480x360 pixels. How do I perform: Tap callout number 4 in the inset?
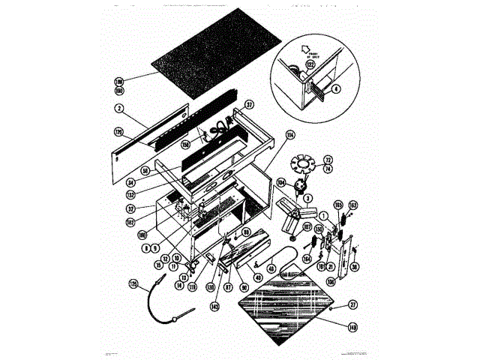336,88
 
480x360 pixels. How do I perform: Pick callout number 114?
268,135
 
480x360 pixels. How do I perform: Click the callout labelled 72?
327,161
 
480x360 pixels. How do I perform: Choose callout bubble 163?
353,205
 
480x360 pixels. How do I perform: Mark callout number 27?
353,304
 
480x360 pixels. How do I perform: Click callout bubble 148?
352,325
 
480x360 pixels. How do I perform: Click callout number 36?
354,266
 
